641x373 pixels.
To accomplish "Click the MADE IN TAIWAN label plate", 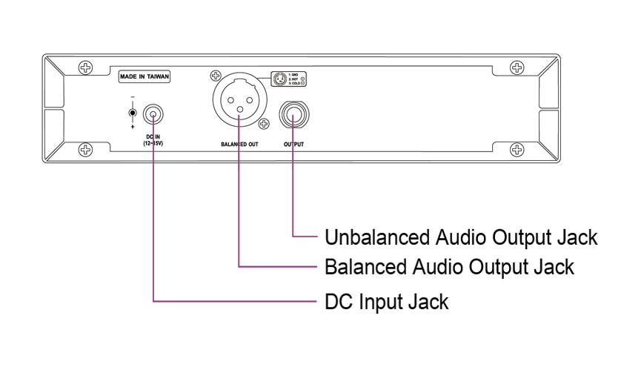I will pos(144,75).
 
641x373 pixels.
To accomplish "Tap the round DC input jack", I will pos(153,115).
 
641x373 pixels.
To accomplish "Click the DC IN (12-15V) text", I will pos(154,139).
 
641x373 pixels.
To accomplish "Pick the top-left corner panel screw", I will pos(87,68).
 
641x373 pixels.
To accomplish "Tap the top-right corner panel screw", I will pos(517,68).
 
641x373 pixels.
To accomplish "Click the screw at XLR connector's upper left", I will pos(216,75).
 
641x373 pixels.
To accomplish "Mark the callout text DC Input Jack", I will pos(387,302).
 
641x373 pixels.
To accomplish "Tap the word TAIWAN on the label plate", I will pos(156,75).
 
